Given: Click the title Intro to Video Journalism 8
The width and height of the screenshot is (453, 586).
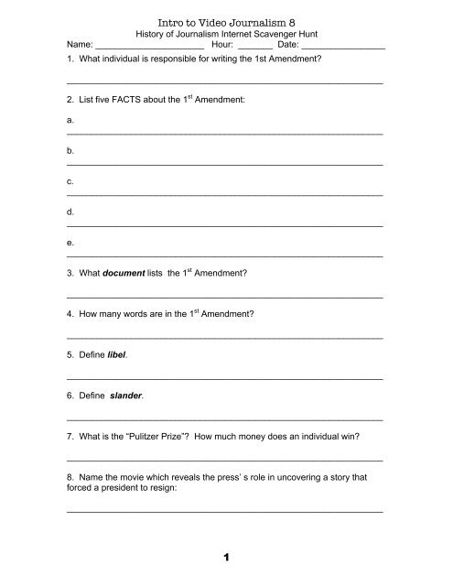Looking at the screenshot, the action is pyautogui.click(x=226, y=14).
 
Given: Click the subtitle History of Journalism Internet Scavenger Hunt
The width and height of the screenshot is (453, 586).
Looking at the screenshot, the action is pyautogui.click(x=226, y=29).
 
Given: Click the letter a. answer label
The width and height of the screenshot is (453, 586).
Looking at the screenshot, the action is pyautogui.click(x=70, y=120).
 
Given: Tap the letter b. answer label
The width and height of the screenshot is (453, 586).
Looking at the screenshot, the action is pyautogui.click(x=70, y=150).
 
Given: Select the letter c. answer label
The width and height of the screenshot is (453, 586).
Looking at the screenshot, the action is pyautogui.click(x=70, y=181).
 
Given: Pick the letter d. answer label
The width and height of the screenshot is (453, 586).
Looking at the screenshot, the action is pyautogui.click(x=70, y=212).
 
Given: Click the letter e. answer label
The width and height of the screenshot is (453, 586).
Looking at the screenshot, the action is pyautogui.click(x=70, y=243).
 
